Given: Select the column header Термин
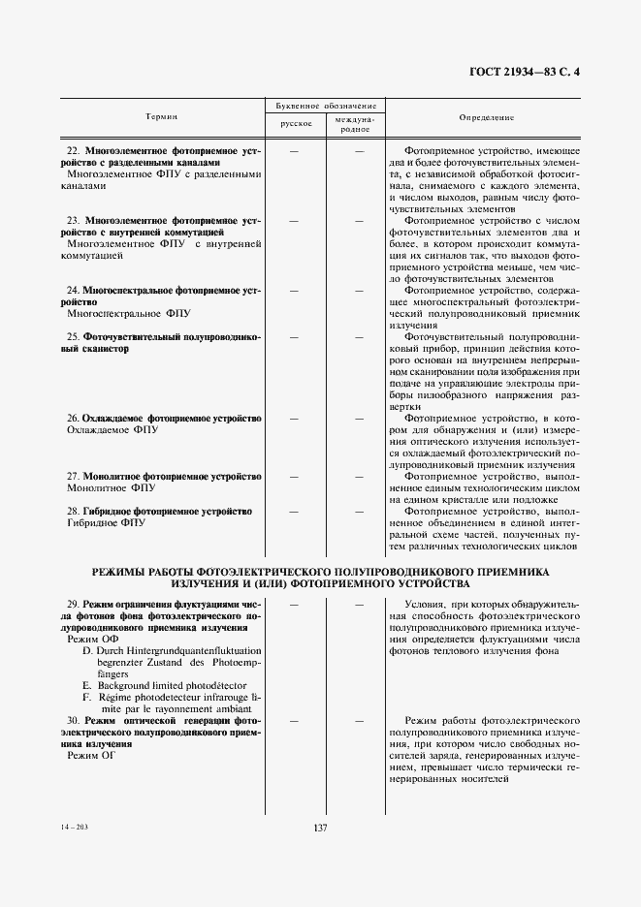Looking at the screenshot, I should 161,116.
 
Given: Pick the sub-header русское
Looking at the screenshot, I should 296,124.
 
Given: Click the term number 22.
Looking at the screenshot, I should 73,151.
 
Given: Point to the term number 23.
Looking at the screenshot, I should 73,221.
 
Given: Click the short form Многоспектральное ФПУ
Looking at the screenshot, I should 129,314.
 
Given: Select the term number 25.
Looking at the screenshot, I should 73,336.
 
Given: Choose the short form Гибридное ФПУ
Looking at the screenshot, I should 106,522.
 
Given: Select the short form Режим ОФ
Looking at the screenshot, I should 91,640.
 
